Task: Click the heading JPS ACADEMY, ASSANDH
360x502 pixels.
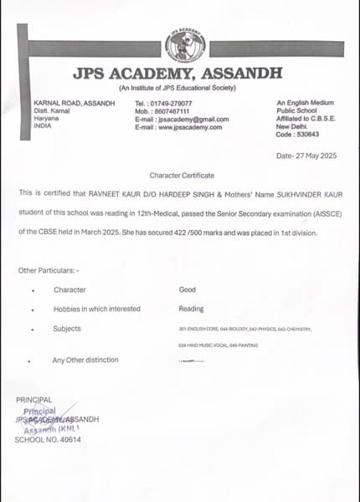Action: point(177,74)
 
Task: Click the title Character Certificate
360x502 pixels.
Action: point(182,175)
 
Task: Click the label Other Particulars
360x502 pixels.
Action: point(49,270)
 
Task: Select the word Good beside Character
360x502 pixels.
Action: point(187,289)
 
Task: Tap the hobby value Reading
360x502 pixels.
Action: point(191,309)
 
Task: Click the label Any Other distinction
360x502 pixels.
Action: point(85,360)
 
